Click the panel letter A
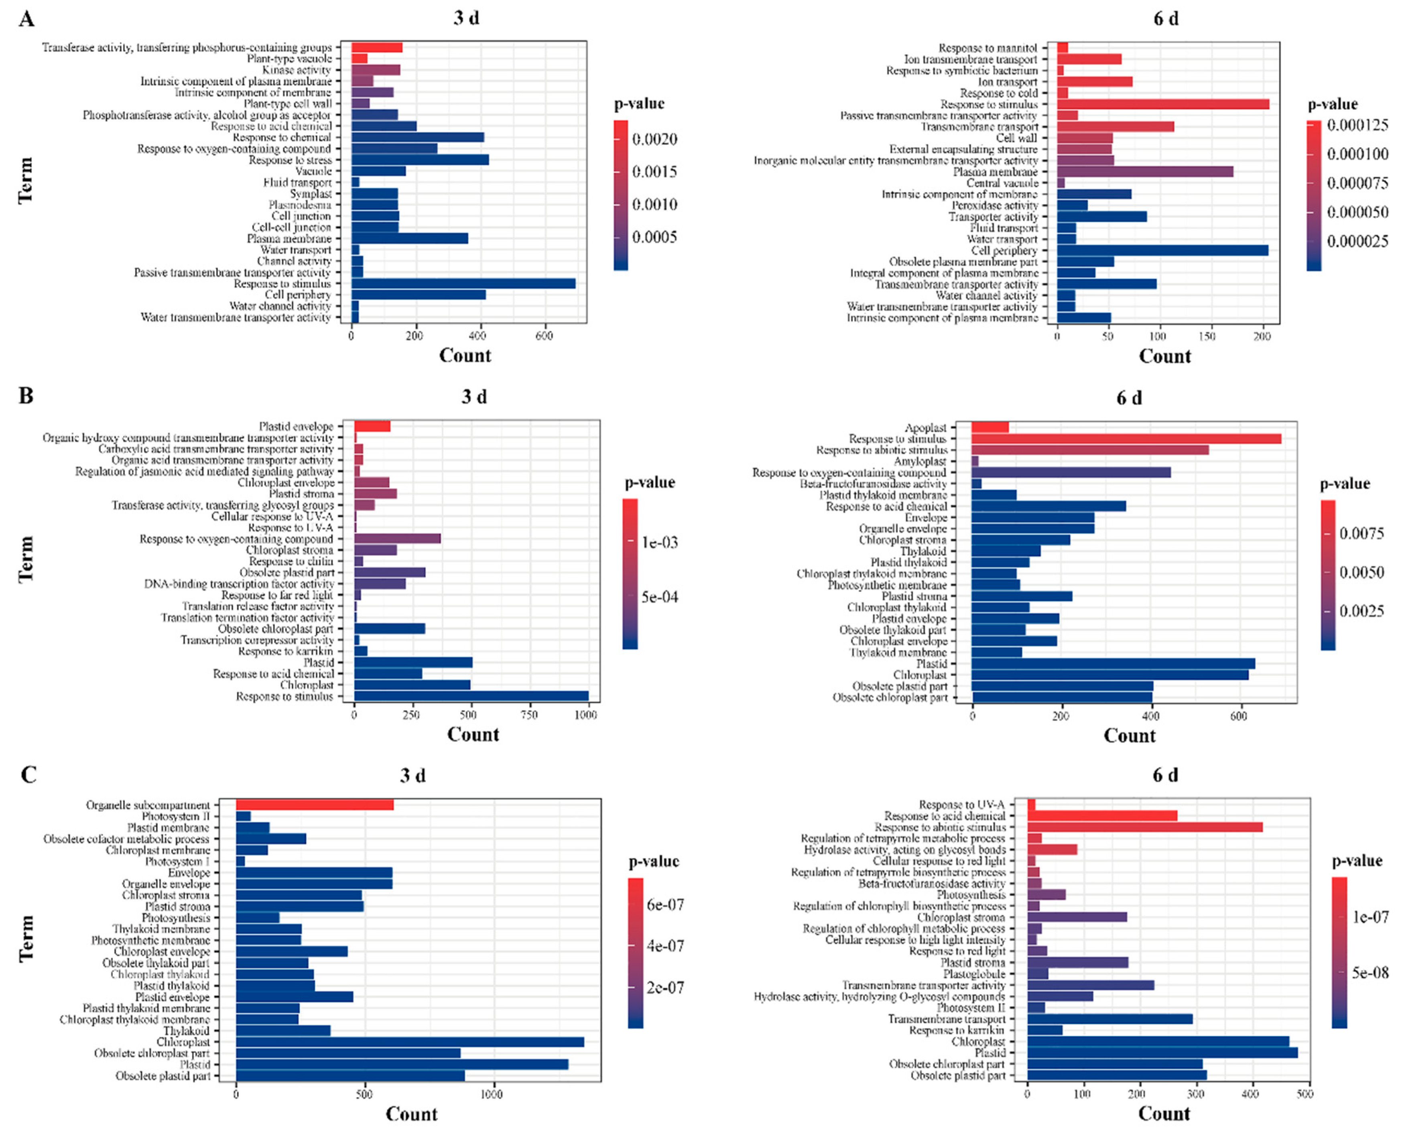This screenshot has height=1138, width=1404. [x=26, y=18]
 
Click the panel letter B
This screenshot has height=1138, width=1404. [x=26, y=396]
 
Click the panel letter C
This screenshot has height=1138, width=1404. [x=28, y=774]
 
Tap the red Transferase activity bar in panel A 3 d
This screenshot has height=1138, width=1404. [x=377, y=47]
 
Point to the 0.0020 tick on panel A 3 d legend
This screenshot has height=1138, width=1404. [x=654, y=139]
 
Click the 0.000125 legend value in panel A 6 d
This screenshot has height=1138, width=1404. [x=1357, y=124]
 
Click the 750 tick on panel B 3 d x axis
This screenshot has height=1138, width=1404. [x=529, y=715]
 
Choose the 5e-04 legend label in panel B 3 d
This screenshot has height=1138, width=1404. [x=659, y=597]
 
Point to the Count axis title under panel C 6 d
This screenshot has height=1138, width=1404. [x=1163, y=1113]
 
